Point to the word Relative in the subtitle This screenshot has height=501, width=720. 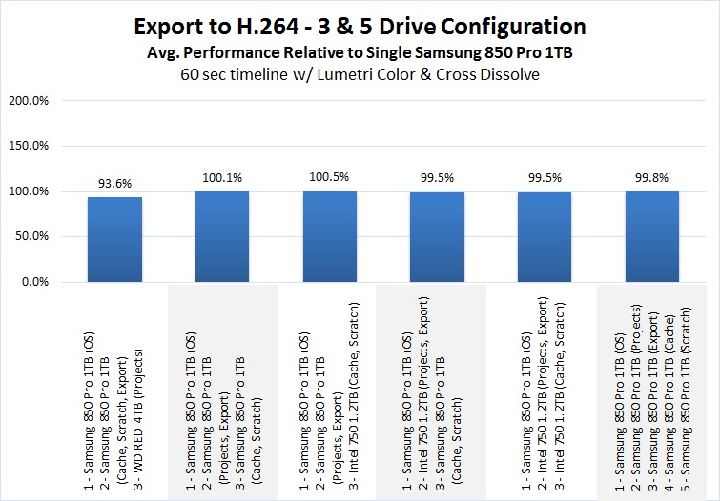click(357, 49)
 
